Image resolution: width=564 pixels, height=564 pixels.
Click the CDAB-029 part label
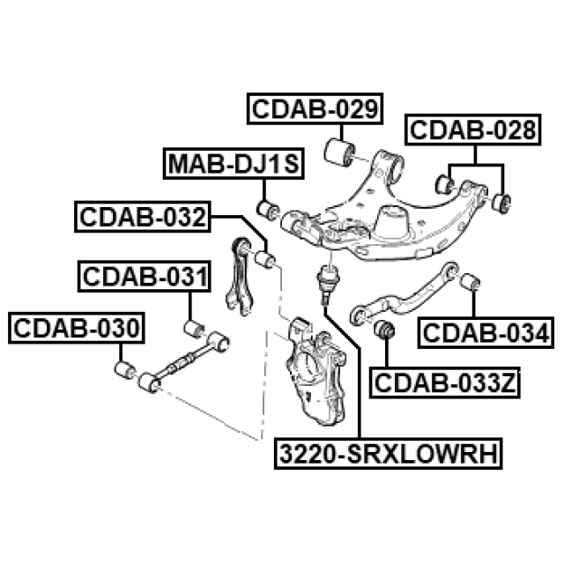(x=315, y=108)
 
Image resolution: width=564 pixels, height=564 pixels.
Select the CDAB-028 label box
(x=472, y=130)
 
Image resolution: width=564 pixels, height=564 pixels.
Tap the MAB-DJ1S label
(x=234, y=163)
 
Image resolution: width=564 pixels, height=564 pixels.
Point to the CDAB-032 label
(x=143, y=217)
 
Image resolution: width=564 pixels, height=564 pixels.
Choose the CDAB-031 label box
(x=145, y=276)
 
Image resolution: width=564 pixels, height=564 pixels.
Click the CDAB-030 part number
(x=77, y=328)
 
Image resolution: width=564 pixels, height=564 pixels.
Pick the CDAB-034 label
(x=486, y=333)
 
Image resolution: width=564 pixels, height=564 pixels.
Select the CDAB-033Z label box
(x=444, y=382)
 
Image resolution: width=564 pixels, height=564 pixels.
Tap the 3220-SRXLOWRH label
(x=388, y=453)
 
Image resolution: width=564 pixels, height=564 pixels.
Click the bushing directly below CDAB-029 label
(x=339, y=152)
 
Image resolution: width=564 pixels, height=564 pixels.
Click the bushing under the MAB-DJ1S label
(x=268, y=210)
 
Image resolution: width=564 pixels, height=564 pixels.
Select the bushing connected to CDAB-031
(x=194, y=329)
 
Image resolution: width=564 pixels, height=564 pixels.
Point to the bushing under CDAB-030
(x=125, y=370)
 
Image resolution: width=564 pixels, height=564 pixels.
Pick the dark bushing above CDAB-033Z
(x=384, y=329)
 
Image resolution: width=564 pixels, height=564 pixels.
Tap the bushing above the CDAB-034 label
(x=470, y=282)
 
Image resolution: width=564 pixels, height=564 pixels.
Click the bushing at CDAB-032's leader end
(x=264, y=259)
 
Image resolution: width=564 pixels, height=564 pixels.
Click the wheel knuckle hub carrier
(x=315, y=370)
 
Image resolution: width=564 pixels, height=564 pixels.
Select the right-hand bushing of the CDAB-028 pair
(x=501, y=204)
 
